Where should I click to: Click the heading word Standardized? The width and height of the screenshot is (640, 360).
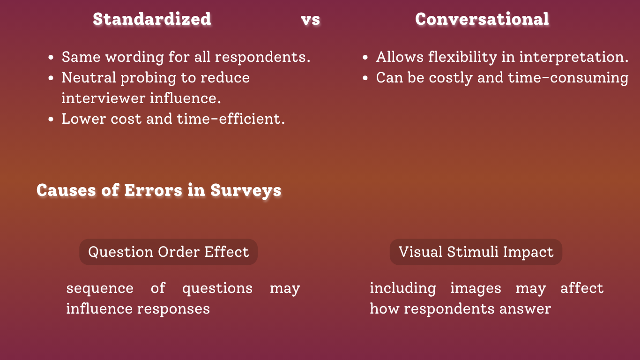tap(152, 19)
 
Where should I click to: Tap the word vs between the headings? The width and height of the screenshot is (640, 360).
tap(311, 20)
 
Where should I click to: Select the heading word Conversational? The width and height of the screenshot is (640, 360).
tap(482, 19)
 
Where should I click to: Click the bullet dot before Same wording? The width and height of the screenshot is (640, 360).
tap(51, 58)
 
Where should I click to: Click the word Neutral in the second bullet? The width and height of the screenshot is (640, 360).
tap(89, 77)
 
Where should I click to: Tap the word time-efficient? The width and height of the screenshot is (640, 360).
tap(231, 119)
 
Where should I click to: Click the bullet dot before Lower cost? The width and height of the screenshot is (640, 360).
tap(51, 119)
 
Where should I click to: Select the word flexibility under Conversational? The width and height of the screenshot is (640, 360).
tap(462, 57)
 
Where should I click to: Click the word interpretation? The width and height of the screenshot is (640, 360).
tap(574, 57)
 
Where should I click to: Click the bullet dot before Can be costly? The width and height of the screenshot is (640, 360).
tap(365, 78)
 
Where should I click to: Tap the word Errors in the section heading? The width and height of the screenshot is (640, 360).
tap(153, 190)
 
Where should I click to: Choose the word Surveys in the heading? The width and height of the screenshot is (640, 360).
tap(246, 191)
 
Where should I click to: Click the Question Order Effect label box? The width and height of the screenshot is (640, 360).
tap(169, 252)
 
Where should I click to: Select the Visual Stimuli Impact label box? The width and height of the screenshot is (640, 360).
tap(476, 252)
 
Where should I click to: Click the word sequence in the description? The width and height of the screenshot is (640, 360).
tap(100, 288)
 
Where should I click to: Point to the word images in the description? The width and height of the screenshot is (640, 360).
tap(476, 288)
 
